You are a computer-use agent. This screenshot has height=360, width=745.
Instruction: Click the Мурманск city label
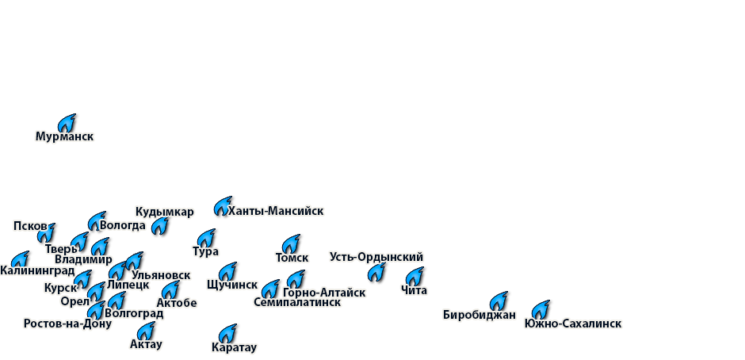tap(64, 136)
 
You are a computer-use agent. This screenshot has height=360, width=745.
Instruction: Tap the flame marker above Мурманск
tap(68, 123)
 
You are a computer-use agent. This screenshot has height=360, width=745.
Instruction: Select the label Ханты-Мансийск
tap(275, 211)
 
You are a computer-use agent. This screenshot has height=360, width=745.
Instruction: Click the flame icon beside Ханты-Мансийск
tap(223, 206)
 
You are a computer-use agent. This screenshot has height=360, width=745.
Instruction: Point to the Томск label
tap(292, 258)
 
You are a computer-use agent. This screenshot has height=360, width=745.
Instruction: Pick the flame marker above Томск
tap(292, 243)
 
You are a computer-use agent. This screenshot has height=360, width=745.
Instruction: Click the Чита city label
tap(414, 290)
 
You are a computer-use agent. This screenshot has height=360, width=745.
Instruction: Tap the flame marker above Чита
tap(416, 275)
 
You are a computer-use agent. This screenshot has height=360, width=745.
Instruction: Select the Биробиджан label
tap(479, 315)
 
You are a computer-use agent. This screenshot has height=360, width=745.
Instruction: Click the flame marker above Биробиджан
tap(499, 300)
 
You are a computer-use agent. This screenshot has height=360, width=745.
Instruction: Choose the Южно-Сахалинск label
tap(572, 324)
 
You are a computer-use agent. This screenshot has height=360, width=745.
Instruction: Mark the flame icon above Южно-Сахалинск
tap(541, 308)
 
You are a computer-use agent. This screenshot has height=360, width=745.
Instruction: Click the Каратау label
tap(234, 347)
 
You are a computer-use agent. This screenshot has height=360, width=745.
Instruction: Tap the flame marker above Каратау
tap(229, 331)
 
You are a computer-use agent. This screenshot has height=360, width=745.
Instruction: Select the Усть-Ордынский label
tap(376, 257)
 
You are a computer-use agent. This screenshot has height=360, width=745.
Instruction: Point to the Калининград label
tap(37, 271)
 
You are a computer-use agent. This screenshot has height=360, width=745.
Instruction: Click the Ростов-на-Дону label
tap(67, 324)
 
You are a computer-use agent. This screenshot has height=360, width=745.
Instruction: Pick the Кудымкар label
tap(164, 212)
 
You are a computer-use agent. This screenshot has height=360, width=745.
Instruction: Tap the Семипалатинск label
tap(296, 302)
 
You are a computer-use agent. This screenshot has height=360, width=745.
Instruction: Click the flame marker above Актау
tap(147, 330)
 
